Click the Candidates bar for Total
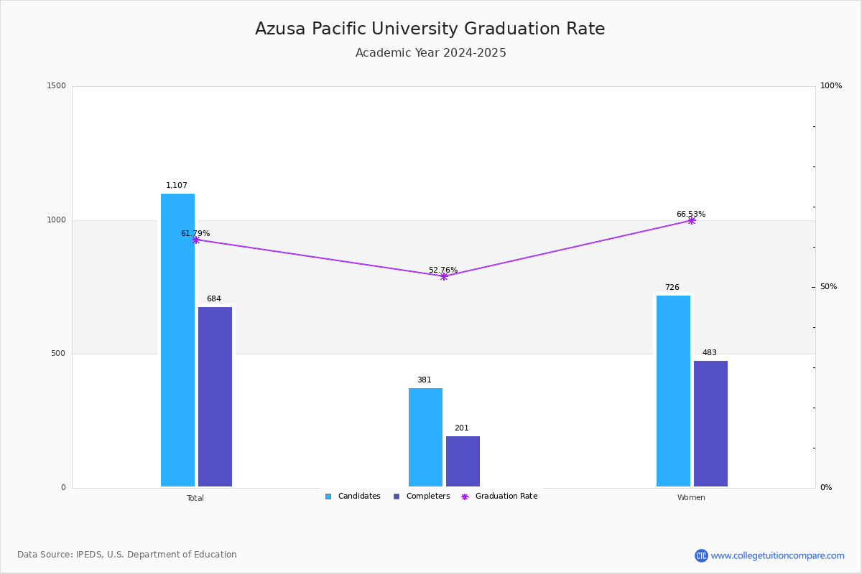click(177, 340)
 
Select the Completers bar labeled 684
click(215, 397)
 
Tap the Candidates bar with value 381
click(425, 438)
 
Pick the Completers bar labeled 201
click(463, 461)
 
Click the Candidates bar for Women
click(673, 391)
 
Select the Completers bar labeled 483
click(710, 423)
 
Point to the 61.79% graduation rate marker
click(195, 240)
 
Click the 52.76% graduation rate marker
click(443, 276)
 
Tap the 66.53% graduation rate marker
click(691, 220)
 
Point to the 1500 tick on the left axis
click(57, 86)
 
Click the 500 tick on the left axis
click(58, 354)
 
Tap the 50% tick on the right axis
click(828, 287)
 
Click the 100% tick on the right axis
click(831, 86)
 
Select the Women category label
click(691, 498)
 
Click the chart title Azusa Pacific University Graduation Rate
click(430, 29)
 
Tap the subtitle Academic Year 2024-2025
click(430, 53)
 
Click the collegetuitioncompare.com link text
click(777, 555)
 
